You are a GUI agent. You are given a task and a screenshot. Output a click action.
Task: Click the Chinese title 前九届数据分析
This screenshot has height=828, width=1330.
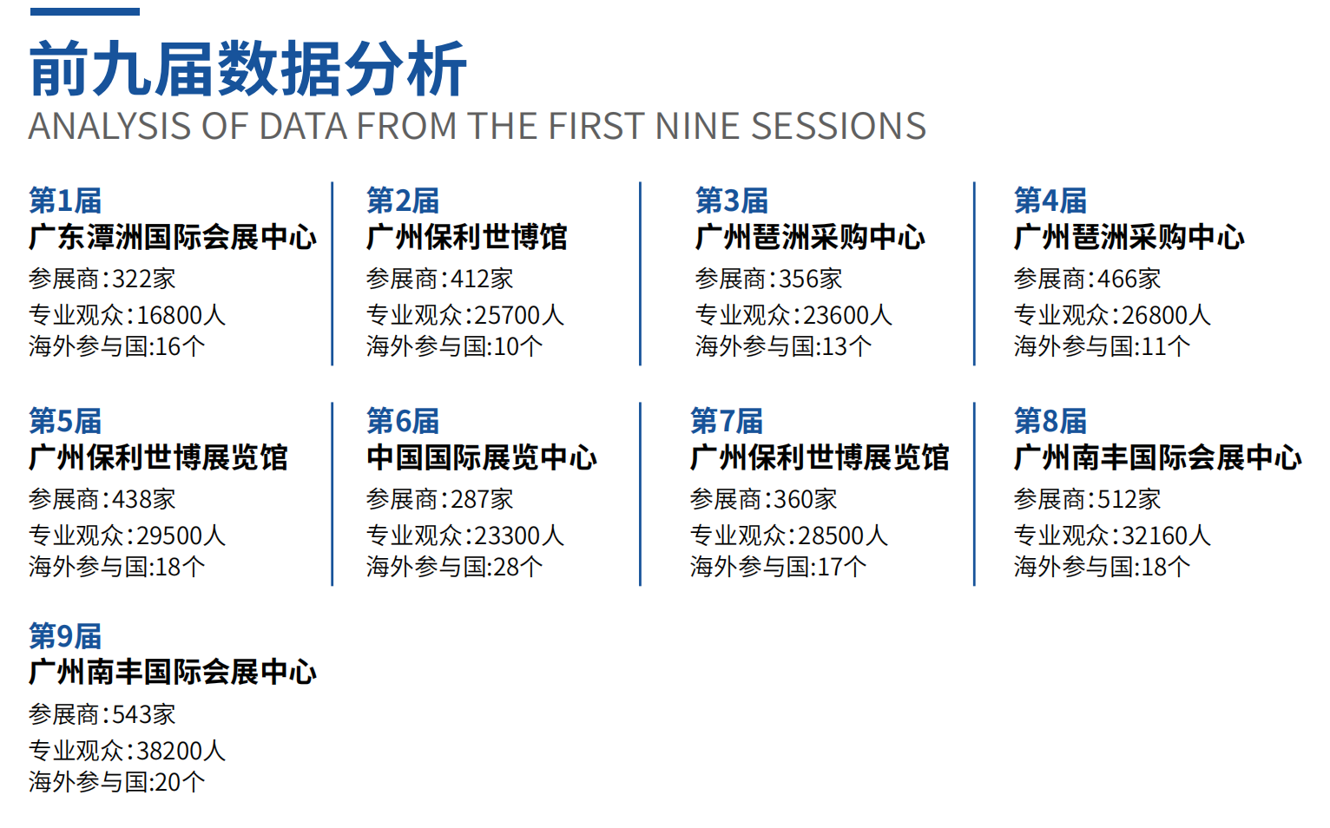(x=247, y=69)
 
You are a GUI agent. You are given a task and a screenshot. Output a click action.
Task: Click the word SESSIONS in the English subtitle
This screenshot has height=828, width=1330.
(x=839, y=126)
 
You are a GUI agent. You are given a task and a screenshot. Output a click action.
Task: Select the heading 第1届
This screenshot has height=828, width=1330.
(x=65, y=200)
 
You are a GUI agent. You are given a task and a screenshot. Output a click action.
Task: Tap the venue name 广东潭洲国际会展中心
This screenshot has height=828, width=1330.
(x=173, y=238)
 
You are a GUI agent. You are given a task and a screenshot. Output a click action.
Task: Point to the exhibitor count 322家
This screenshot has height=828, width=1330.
(x=144, y=279)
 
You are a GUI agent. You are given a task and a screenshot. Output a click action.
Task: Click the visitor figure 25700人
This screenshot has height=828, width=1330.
(x=519, y=315)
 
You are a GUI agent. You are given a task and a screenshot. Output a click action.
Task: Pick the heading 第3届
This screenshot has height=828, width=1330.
(x=732, y=200)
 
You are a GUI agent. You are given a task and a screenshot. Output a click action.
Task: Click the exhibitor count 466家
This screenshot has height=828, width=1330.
(x=1129, y=279)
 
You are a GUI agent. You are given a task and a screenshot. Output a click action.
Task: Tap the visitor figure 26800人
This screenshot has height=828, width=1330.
(x=1166, y=315)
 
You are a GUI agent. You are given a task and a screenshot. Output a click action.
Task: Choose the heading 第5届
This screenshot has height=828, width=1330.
(x=65, y=421)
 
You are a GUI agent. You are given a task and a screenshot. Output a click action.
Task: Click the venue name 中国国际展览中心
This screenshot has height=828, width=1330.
(x=482, y=457)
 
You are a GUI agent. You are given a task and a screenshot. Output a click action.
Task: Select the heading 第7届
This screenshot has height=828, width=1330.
(x=726, y=421)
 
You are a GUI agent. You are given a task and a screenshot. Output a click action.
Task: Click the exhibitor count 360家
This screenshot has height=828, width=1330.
(x=805, y=499)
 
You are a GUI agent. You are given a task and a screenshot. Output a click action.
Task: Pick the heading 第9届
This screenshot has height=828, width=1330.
(x=65, y=636)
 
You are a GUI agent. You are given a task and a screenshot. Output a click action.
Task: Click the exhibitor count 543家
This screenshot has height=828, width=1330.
(x=144, y=714)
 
